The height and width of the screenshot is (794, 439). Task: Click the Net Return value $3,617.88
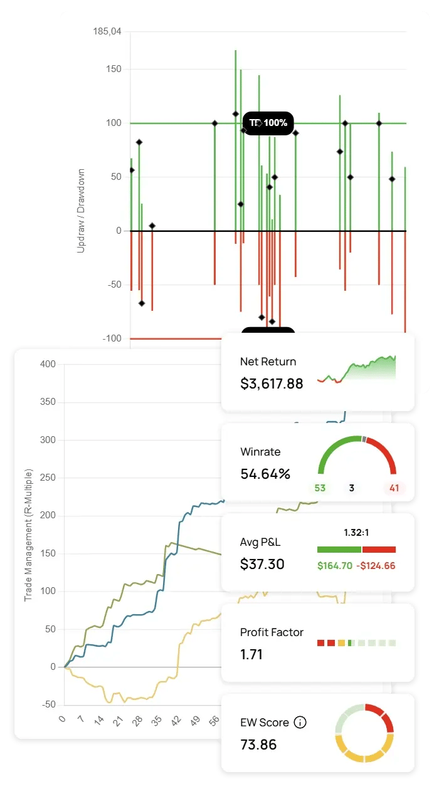[271, 384]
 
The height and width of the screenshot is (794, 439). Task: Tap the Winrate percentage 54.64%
[265, 474]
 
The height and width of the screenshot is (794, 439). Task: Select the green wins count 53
[320, 488]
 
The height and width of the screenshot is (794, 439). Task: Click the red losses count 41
[394, 488]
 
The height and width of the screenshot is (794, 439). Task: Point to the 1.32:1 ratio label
[356, 533]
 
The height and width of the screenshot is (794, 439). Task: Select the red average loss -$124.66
[376, 566]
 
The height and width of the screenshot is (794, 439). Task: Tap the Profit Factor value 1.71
[251, 654]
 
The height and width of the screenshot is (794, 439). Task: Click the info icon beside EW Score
[300, 723]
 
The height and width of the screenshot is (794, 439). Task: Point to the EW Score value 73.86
[258, 744]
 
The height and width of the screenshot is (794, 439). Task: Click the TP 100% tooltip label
[268, 123]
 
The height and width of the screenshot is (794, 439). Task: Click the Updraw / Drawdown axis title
[81, 211]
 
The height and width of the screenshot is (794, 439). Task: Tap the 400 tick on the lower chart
[48, 364]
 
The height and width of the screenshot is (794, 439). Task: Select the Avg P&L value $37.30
[262, 564]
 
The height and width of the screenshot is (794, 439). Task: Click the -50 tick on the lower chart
[48, 705]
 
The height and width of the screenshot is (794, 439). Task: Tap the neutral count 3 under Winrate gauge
[352, 488]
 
